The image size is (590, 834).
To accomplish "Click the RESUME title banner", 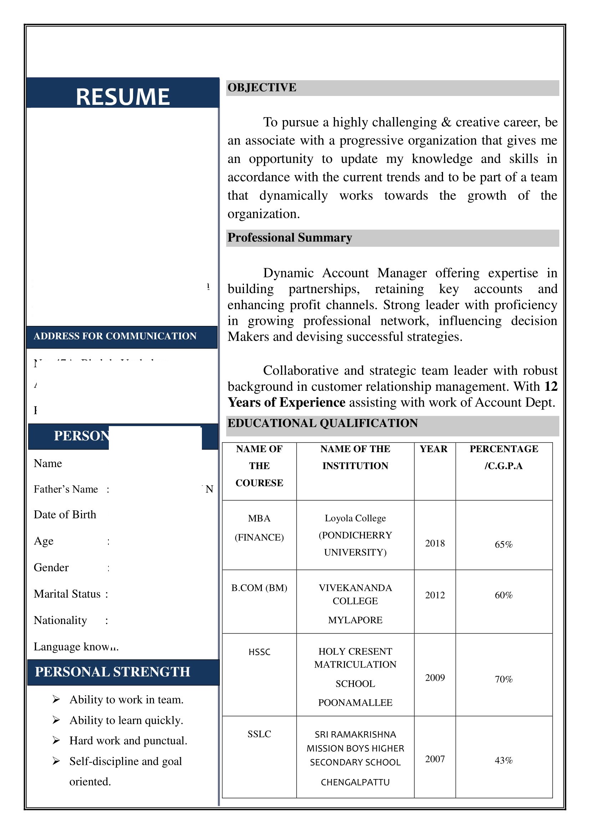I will tap(122, 97).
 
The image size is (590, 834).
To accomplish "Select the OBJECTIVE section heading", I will tap(261, 88).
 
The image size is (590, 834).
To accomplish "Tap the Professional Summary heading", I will tap(290, 237).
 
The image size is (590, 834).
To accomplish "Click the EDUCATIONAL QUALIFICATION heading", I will tap(322, 423).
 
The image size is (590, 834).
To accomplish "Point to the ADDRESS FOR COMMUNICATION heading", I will tap(115, 336).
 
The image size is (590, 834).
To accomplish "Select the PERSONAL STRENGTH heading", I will tap(112, 672).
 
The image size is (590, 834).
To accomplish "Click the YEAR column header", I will tap(433, 449).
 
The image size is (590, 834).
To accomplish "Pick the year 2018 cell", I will tap(434, 543).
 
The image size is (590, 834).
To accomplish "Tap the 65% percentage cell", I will tap(503, 544).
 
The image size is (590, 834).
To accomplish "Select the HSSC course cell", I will tap(259, 652).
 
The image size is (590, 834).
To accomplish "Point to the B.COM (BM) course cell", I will tap(259, 588).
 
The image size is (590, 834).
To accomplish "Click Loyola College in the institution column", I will tap(355, 518).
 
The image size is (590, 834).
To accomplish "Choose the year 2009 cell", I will tap(434, 678).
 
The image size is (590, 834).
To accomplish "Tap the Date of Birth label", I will tap(65, 515).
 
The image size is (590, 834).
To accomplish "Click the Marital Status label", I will tap(67, 594).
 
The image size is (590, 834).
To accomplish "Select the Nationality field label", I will tap(60, 620).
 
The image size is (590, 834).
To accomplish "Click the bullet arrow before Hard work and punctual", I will tap(56, 740).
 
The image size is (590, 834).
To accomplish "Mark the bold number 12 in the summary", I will tap(550, 387).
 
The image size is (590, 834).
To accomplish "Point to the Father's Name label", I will tap(66, 489).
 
